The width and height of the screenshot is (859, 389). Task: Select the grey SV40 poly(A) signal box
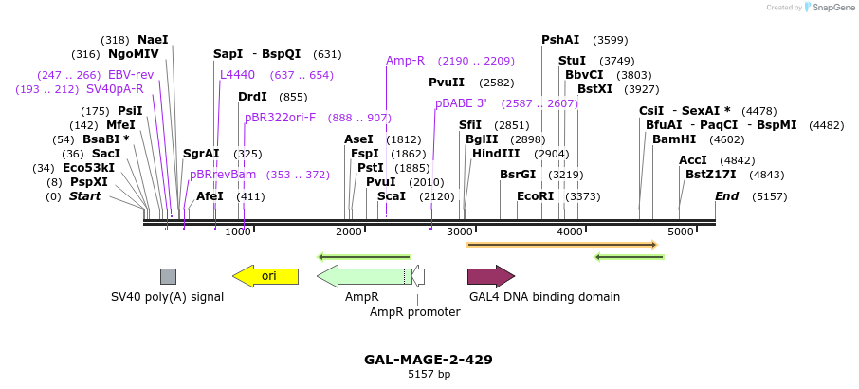tap(168, 276)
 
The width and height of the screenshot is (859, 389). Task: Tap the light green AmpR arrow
tap(360, 276)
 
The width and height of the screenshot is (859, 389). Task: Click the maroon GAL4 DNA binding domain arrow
tap(490, 276)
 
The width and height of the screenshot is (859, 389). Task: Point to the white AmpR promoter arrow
tap(418, 276)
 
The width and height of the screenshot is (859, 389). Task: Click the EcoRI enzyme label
tap(535, 196)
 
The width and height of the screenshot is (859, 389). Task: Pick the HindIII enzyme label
tap(494, 154)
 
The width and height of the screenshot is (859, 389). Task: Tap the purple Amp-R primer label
tap(405, 61)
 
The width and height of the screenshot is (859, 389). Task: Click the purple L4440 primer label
tap(237, 75)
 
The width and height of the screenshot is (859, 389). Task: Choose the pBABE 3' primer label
tap(461, 103)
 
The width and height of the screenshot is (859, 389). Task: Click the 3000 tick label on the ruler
tap(460, 232)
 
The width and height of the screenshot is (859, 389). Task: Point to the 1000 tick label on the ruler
tap(237, 232)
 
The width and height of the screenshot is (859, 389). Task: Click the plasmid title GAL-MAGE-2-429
tap(429, 361)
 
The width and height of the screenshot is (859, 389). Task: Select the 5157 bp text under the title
tap(429, 375)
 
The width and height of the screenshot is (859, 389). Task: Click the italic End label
tap(726, 196)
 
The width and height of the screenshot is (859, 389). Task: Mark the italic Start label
tap(84, 196)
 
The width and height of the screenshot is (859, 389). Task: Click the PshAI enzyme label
tap(560, 40)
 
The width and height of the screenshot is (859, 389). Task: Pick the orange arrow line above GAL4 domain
tap(561, 245)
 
